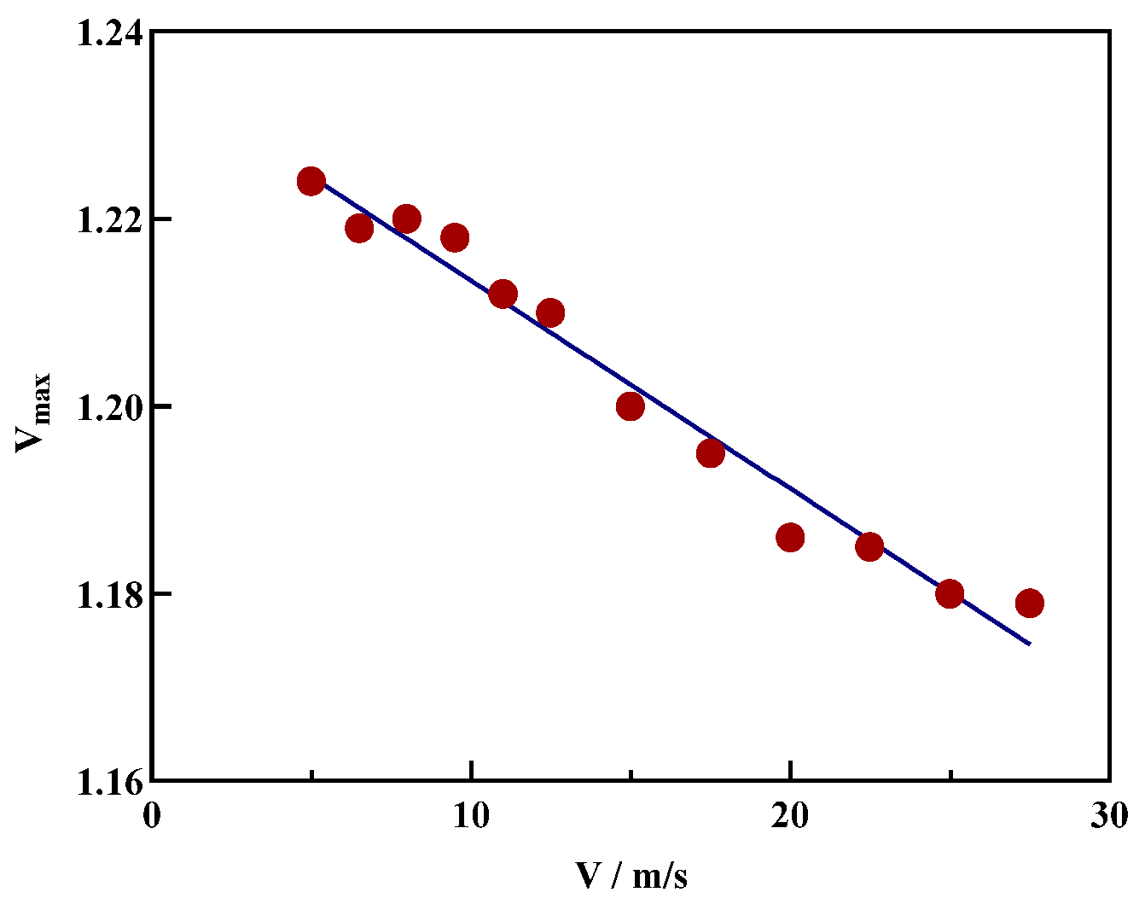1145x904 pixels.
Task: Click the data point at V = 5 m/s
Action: [311, 181]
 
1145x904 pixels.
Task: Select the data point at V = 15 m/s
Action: [631, 406]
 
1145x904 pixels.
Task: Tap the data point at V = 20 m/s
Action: [790, 538]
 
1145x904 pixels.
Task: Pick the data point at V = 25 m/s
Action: [950, 594]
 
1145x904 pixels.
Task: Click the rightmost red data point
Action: [1030, 604]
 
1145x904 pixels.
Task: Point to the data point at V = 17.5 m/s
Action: [711, 453]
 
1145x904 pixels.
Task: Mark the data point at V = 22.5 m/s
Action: [869, 547]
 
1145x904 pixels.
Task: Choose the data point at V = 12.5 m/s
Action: [551, 313]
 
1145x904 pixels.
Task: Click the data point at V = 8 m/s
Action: [407, 219]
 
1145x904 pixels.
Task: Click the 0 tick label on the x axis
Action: [152, 816]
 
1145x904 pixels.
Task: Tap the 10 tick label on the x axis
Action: [471, 816]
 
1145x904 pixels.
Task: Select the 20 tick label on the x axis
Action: [790, 816]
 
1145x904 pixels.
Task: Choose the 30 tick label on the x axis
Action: [1109, 816]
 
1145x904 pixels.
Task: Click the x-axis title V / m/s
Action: [631, 876]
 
